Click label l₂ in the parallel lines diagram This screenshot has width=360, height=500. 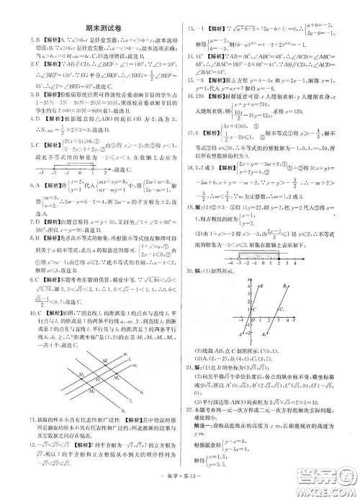click(130, 397)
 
